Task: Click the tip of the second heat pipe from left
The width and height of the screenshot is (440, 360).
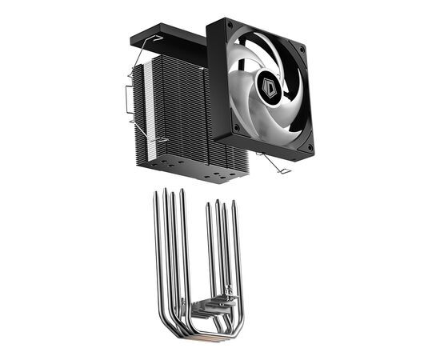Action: click(x=165, y=190)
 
